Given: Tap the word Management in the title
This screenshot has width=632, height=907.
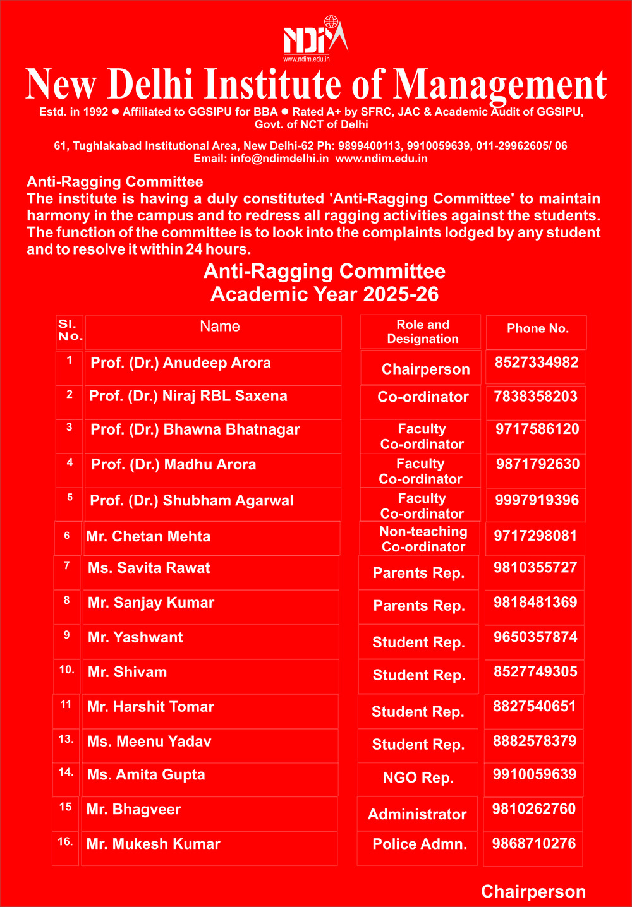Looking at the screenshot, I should tap(500, 85).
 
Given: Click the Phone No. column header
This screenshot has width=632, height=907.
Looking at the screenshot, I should tap(538, 328).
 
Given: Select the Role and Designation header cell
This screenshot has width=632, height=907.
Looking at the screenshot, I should tap(422, 332).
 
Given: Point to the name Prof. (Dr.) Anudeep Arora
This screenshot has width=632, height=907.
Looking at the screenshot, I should tap(181, 363).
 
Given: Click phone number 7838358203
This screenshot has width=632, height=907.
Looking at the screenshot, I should tap(535, 396).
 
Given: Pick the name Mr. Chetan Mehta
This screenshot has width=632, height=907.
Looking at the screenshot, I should tap(149, 536).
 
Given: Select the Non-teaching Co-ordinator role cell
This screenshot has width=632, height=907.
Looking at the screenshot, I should tap(423, 539).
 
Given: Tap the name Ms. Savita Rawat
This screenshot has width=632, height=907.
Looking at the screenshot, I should tap(149, 568).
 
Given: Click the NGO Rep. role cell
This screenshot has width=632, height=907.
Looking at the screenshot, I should tap(418, 778).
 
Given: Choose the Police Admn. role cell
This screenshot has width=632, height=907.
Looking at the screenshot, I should tap(420, 844).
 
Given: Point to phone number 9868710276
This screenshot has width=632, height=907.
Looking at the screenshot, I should tap(534, 843).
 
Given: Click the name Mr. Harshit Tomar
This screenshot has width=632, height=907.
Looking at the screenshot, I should tap(150, 707).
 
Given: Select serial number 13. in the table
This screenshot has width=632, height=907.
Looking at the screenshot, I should tap(66, 738).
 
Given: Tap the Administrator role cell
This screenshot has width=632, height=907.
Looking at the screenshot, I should tap(417, 814).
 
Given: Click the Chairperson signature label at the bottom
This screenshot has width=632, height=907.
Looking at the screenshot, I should tap(533, 891).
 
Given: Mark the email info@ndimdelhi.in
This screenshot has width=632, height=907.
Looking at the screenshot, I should tap(279, 159).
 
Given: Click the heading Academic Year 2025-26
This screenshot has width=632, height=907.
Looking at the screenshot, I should tap(324, 294).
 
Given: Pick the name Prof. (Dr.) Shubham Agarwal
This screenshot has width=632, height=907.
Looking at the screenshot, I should tap(191, 500).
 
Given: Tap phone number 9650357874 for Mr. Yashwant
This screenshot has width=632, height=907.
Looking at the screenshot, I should tap(535, 637).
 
